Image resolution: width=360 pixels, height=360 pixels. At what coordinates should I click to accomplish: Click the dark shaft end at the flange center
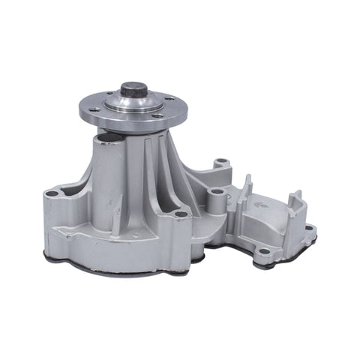[x=133, y=89]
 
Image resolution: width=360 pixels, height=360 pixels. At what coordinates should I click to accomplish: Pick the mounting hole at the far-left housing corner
[x=52, y=193]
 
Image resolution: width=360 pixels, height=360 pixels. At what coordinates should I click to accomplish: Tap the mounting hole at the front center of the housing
[x=181, y=214]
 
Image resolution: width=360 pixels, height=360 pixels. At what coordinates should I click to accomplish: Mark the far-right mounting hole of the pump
[x=308, y=227]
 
